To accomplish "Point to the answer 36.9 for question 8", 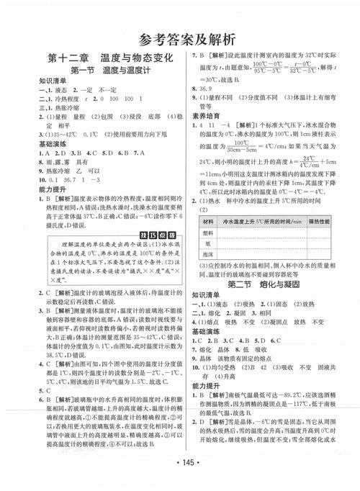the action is click(x=207, y=84).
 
